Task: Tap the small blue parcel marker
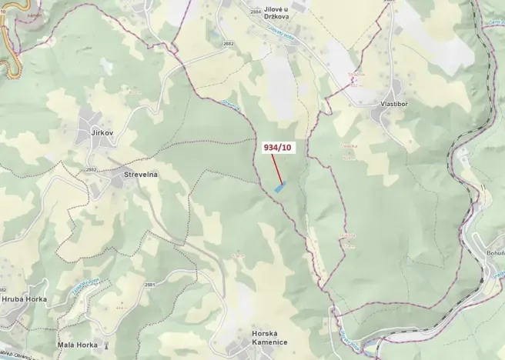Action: (279, 187)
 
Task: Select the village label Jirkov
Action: (102, 133)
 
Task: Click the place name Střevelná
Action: (141, 175)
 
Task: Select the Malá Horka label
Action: (77, 345)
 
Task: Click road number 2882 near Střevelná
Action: (92, 169)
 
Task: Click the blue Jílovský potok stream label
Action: (285, 32)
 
